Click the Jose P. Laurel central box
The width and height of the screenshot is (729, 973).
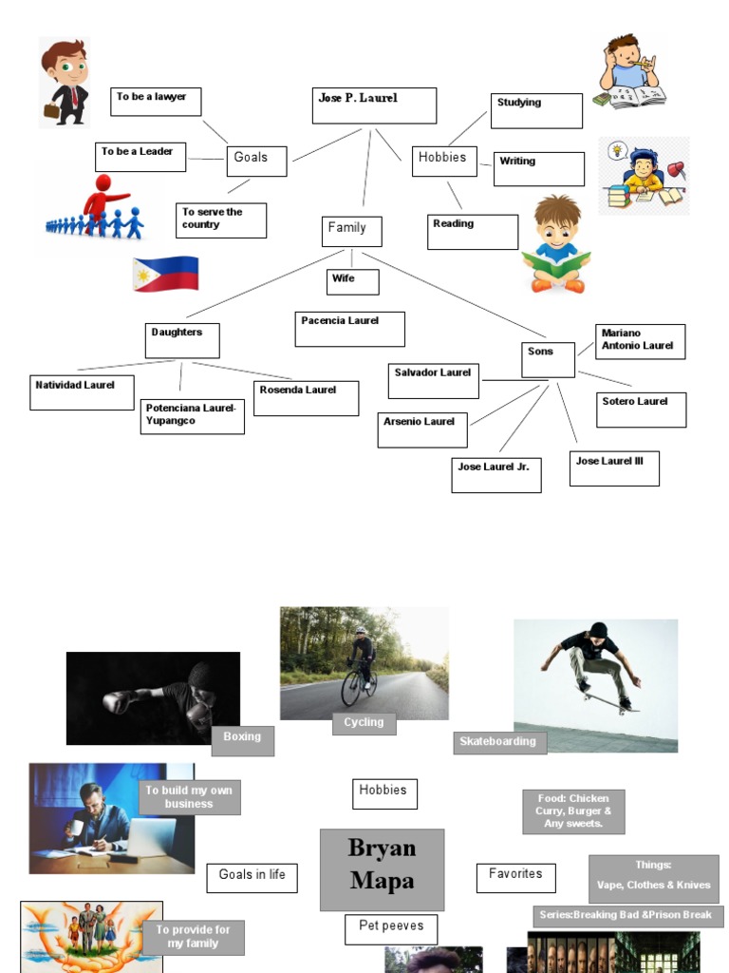point(374,105)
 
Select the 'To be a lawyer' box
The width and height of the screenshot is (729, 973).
point(156,102)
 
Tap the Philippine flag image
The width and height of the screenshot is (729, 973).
point(165,274)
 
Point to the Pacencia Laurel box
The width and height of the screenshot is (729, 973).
point(349,329)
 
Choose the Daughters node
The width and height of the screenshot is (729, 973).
point(182,340)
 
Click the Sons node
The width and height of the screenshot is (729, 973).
point(548,359)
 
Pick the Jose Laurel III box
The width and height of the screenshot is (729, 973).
point(614,468)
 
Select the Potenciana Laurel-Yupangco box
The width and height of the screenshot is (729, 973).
point(192,416)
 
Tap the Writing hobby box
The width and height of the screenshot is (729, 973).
point(538,168)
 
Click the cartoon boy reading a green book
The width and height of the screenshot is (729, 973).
point(556,245)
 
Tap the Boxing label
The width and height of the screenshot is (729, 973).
point(242,740)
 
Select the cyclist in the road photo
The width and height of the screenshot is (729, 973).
point(361,665)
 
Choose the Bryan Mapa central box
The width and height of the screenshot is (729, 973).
point(382,869)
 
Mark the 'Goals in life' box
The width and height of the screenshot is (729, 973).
point(252,878)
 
